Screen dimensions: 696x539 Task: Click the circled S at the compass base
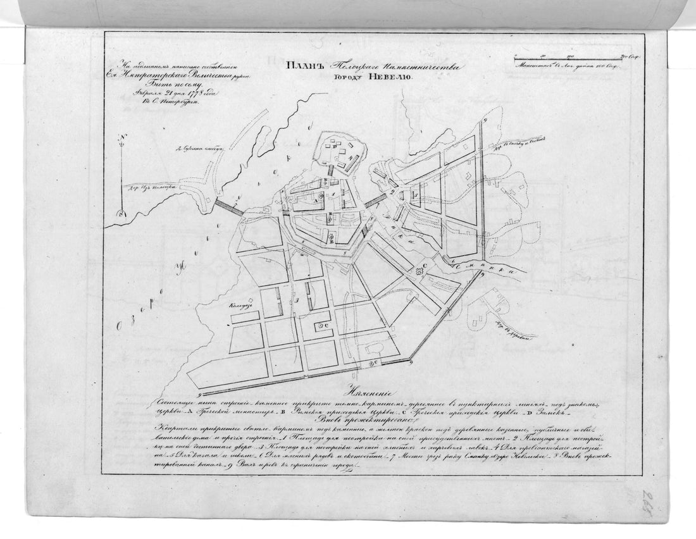tap(122, 213)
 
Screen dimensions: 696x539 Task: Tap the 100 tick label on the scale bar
tap(570, 56)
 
